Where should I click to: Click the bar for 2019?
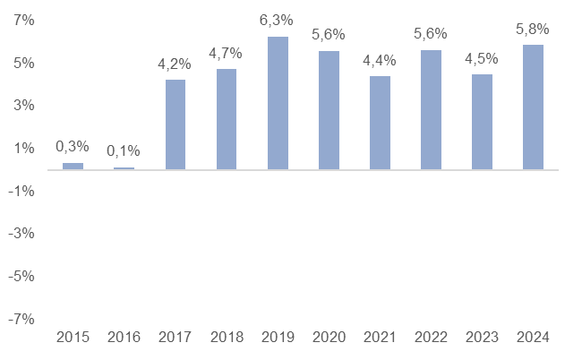point(278,103)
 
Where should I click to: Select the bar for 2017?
point(175,124)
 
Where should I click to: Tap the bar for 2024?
point(533,107)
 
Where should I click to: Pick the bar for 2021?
point(380,123)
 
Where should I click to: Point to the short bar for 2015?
point(73,166)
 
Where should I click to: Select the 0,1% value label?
point(124,151)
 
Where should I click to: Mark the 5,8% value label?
point(533,30)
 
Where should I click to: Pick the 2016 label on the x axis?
point(124,338)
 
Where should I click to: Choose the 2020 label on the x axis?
point(329,338)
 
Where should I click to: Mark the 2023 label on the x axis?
point(482,338)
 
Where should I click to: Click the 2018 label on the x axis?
point(227,338)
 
